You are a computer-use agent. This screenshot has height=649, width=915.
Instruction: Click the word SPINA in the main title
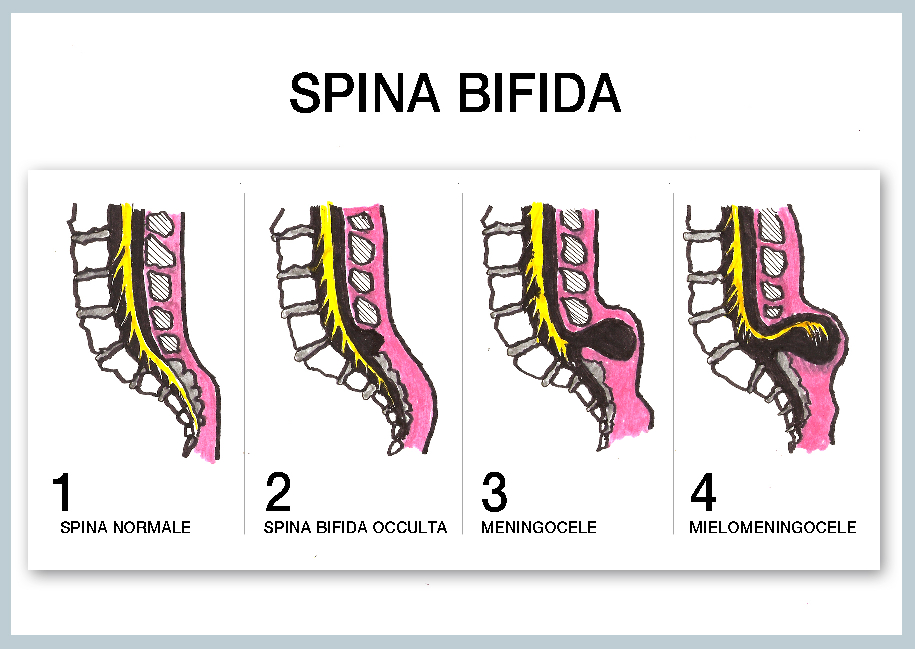[365, 93]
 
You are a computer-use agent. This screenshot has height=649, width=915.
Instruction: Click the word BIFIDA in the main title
[540, 93]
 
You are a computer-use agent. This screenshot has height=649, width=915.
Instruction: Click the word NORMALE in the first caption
[152, 527]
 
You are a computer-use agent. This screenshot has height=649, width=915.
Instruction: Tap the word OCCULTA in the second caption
[410, 527]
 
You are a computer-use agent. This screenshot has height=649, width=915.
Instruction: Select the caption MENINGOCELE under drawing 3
[539, 527]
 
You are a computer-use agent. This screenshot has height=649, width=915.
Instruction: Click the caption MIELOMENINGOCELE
[773, 527]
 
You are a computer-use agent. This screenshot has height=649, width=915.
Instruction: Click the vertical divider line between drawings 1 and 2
[244, 363]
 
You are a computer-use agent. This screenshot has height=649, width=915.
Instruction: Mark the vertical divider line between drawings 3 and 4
[673, 363]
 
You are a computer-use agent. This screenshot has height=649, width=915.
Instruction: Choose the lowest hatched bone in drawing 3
[577, 311]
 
